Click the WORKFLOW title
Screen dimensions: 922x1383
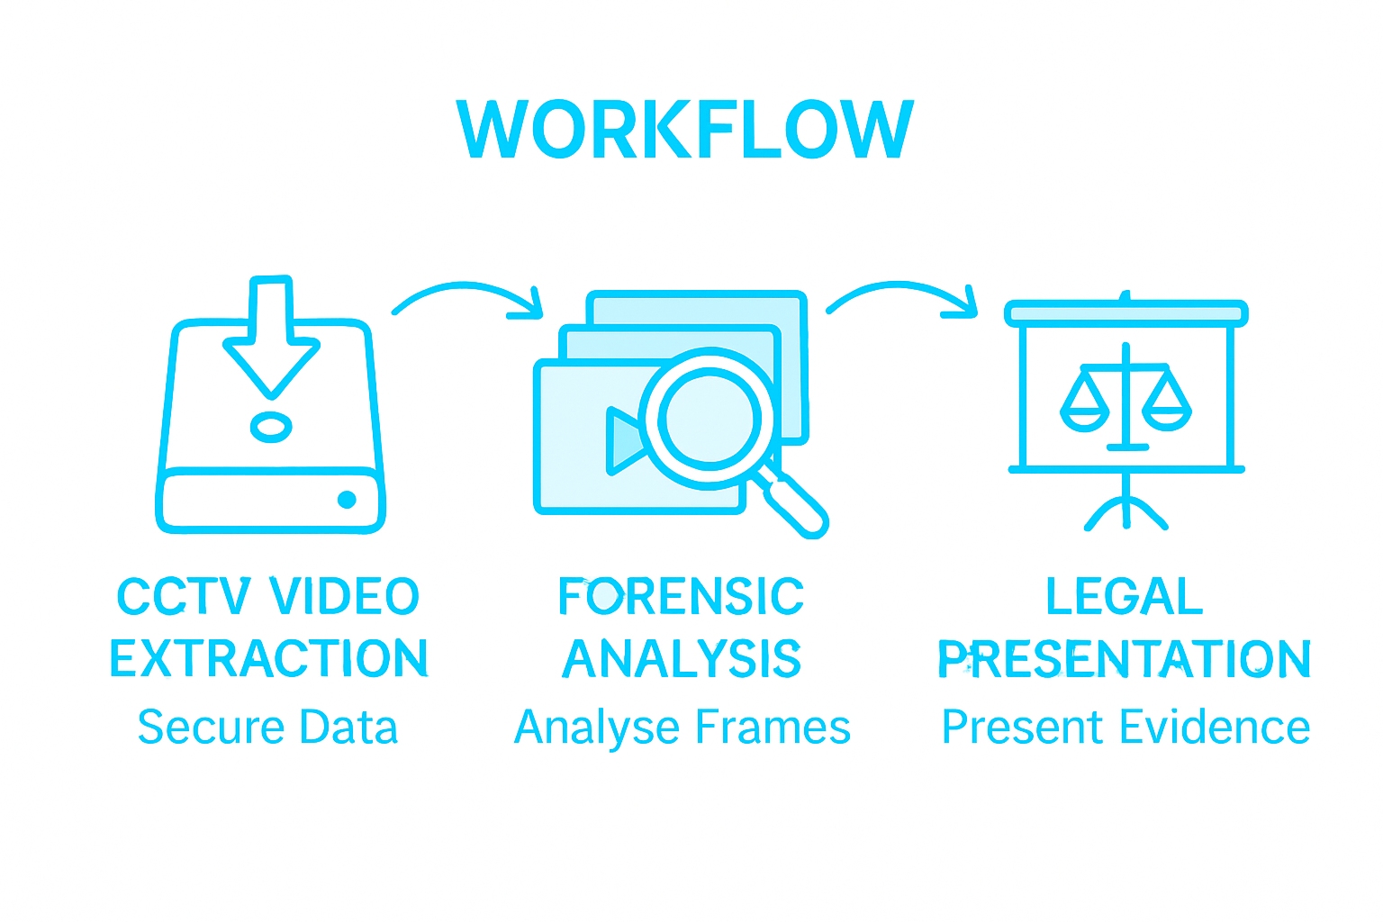686,129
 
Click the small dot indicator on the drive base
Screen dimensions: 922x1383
347,500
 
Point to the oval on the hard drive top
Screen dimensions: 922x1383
271,427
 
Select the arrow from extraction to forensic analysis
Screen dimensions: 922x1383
468,299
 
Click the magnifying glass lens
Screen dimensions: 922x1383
710,419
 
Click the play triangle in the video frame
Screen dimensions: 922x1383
626,441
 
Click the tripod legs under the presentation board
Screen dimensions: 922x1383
1125,513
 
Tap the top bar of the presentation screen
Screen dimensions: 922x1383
1125,312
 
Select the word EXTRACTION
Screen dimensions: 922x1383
268,658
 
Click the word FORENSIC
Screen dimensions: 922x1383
681,596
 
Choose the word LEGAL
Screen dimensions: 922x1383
1125,596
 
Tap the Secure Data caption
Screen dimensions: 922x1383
267,728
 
